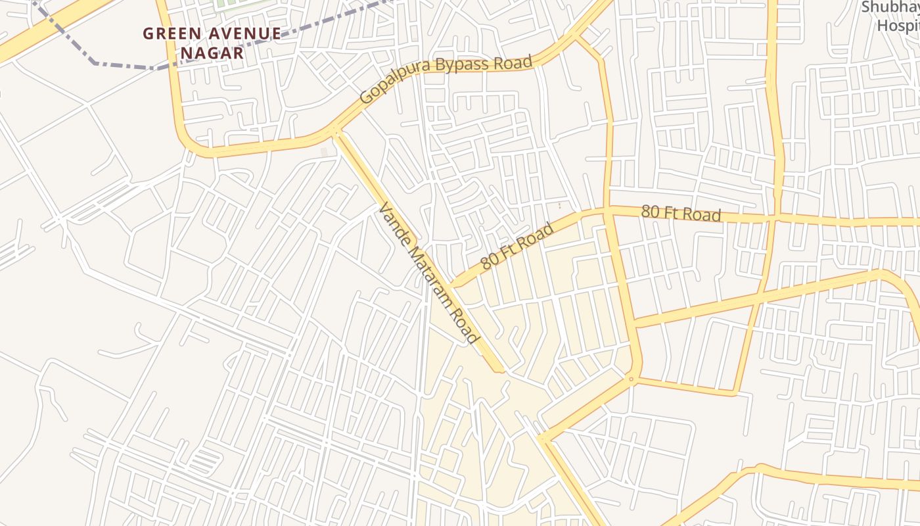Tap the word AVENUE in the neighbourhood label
[x=246, y=33]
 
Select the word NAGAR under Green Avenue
[x=212, y=53]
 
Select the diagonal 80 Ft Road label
[x=517, y=247]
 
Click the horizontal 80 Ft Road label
[x=681, y=213]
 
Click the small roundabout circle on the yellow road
[x=631, y=379]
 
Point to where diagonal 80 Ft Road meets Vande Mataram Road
[x=453, y=285]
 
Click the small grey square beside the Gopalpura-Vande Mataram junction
[x=323, y=153]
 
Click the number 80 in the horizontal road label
[x=650, y=212]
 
